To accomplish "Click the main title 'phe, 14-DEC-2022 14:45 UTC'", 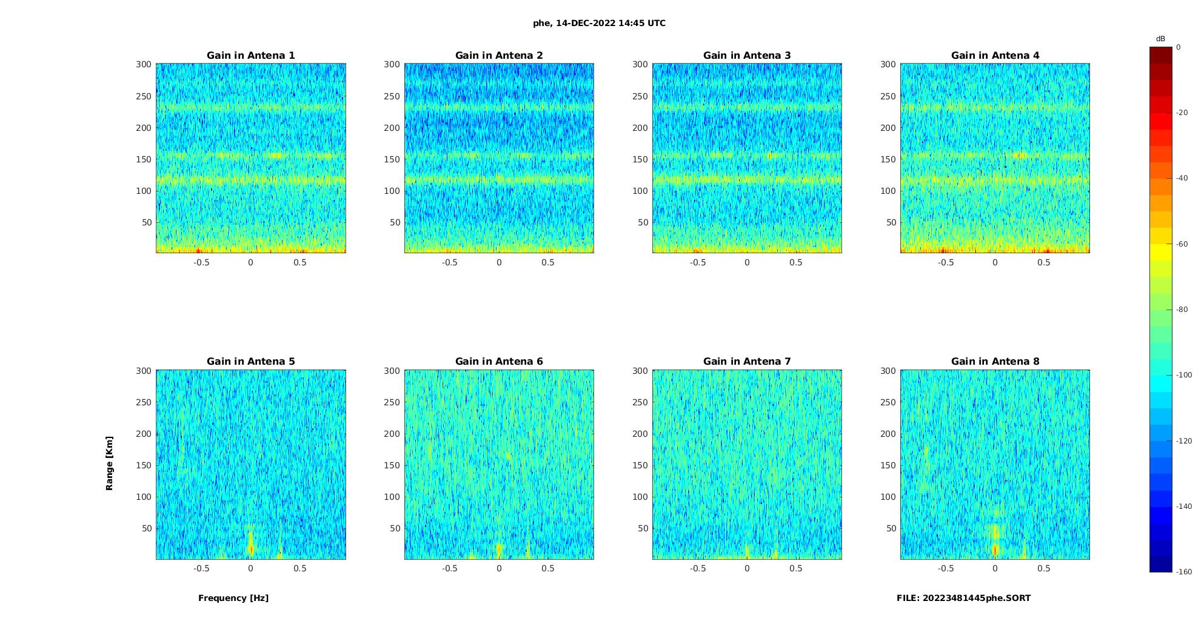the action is (x=599, y=24).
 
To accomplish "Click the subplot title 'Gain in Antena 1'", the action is (x=251, y=56).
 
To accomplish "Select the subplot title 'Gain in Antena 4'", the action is (x=995, y=56).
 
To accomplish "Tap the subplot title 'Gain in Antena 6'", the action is (x=499, y=362).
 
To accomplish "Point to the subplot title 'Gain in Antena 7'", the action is (x=747, y=362).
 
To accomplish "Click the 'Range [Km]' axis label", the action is (x=110, y=463).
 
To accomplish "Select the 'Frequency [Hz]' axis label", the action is (x=233, y=598).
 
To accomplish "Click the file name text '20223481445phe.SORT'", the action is (x=977, y=598).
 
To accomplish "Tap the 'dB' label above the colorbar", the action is (x=1160, y=39).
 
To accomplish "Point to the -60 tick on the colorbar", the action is (x=1182, y=244).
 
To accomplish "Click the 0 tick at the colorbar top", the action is (x=1178, y=47).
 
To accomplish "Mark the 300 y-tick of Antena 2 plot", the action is (x=392, y=64).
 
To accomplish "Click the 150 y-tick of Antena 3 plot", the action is (x=640, y=159).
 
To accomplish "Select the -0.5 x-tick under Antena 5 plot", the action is (x=201, y=569).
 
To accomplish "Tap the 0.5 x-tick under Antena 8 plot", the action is (x=1043, y=569).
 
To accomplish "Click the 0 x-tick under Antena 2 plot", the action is (x=499, y=263).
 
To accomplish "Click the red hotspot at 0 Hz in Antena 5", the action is (x=251, y=549).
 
